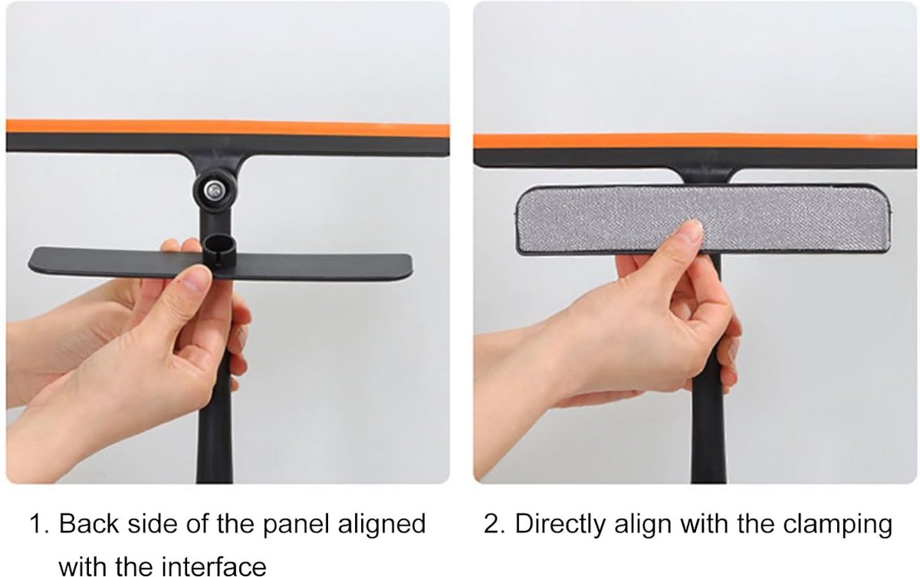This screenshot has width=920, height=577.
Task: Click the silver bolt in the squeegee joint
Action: pyautogui.click(x=213, y=189)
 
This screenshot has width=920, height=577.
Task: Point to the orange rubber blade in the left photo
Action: pyautogui.click(x=228, y=128)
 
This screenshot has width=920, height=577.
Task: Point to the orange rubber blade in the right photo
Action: pyautogui.click(x=695, y=141)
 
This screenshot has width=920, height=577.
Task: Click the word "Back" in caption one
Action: pyautogui.click(x=88, y=523)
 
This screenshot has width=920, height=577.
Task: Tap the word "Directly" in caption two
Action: pyautogui.click(x=560, y=526)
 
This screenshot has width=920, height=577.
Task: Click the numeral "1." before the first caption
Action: pyautogui.click(x=39, y=524)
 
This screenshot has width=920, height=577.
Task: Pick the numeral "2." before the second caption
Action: pyautogui.click(x=494, y=524)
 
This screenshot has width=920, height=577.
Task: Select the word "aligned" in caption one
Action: pyautogui.click(x=382, y=526)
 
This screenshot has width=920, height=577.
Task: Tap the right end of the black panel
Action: pyautogui.click(x=411, y=267)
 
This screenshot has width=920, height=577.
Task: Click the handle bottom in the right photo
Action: pyautogui.click(x=709, y=480)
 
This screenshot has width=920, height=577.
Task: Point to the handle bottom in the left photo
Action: pyautogui.click(x=215, y=480)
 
